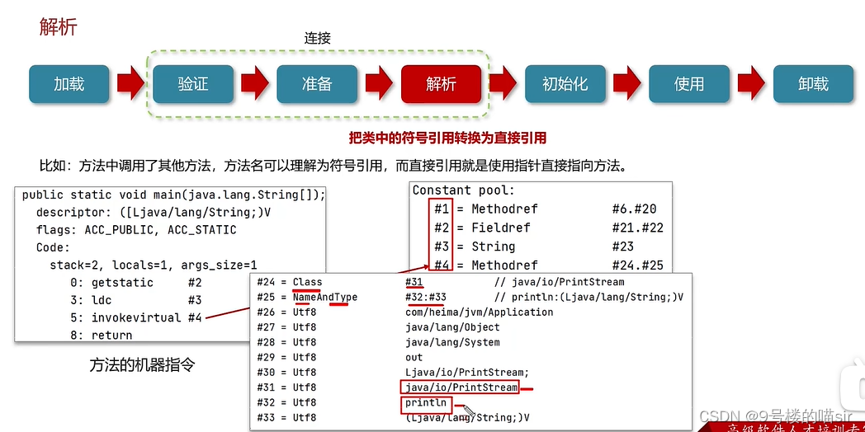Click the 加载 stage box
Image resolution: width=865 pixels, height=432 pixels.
(69, 84)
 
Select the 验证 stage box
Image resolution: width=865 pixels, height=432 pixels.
(193, 84)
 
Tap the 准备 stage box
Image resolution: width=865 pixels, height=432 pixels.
(317, 84)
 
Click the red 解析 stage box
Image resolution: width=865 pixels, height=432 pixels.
(441, 84)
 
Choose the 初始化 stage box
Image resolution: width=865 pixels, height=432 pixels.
(565, 84)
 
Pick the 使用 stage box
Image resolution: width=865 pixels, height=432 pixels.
(688, 84)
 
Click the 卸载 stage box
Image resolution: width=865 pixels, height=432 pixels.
(813, 84)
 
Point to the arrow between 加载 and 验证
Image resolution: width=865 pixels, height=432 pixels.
(130, 84)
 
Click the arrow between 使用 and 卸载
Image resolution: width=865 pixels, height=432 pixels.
(751, 84)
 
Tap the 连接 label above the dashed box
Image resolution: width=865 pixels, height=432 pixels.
(317, 38)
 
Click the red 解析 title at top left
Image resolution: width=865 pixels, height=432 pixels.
(58, 26)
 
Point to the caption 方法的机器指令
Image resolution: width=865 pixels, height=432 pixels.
(142, 364)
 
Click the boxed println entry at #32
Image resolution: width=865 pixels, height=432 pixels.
(426, 403)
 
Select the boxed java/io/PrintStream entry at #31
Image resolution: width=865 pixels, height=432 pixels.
(461, 387)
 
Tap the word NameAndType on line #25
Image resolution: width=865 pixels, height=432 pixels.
(324, 297)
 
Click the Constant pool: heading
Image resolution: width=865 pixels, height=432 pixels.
(464, 190)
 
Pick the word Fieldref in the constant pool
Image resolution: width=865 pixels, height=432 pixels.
(500, 228)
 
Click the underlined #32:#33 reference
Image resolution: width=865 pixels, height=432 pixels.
(426, 297)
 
